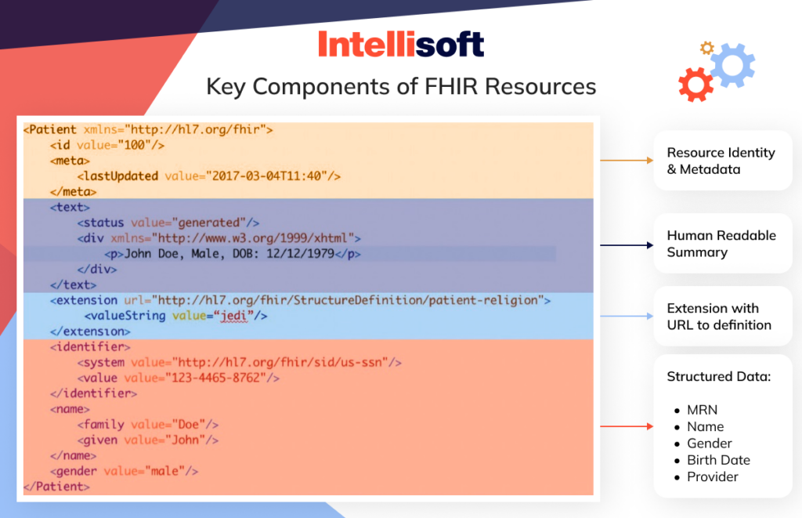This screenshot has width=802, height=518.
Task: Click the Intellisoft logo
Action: (x=401, y=44)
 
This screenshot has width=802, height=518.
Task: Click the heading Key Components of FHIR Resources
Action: (x=401, y=86)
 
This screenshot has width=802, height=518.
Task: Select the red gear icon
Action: (x=695, y=85)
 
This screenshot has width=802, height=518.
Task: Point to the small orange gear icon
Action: (x=706, y=49)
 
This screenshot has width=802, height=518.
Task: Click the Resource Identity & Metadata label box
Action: (x=722, y=161)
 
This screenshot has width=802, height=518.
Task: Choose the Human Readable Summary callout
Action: (x=722, y=244)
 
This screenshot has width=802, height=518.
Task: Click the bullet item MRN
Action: (x=702, y=410)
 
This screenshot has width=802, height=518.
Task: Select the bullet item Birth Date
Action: (x=718, y=460)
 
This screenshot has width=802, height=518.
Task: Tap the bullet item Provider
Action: (x=713, y=476)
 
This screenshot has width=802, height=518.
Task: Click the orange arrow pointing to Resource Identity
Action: (x=627, y=160)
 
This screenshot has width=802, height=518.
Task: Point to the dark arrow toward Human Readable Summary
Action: (x=627, y=245)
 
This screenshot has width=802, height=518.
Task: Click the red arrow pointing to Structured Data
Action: (x=627, y=427)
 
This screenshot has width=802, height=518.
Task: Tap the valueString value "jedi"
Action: (x=234, y=316)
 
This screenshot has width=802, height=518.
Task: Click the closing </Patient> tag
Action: (x=56, y=487)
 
